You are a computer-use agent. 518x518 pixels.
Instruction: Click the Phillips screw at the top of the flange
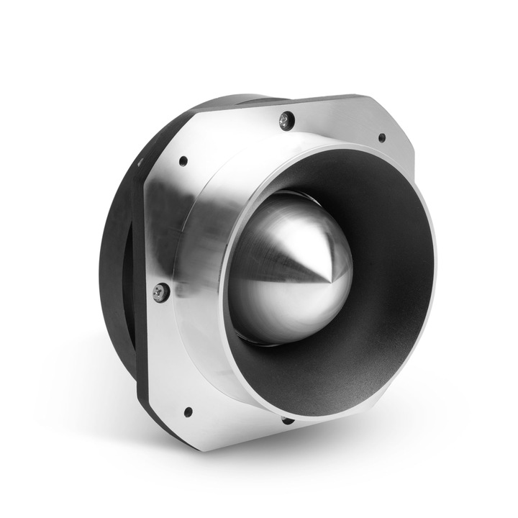tap(287, 119)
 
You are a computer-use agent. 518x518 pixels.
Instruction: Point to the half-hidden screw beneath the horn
tap(288, 419)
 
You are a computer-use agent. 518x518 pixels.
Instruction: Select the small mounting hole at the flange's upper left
tap(183, 161)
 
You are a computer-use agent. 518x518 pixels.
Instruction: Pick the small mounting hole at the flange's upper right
tap(381, 137)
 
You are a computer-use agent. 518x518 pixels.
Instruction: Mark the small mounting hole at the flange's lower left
tap(188, 412)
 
